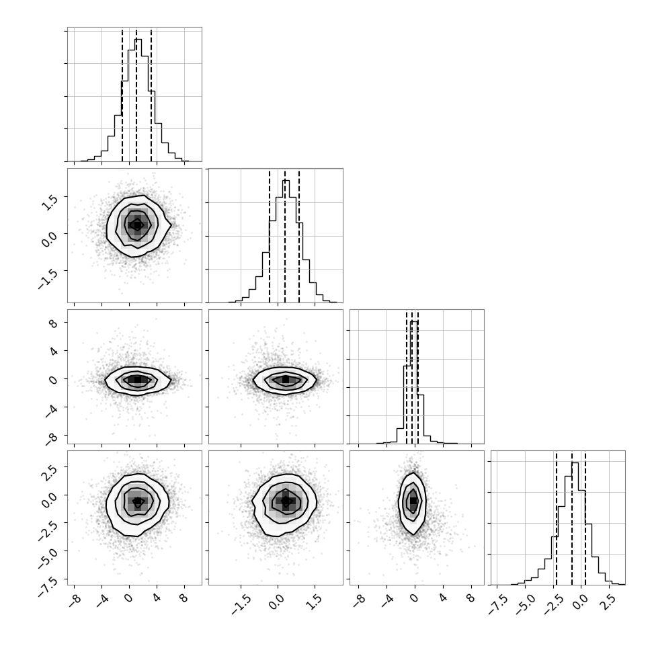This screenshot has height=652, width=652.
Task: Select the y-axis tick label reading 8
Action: coord(53,323)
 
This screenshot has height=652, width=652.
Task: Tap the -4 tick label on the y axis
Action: coord(50,409)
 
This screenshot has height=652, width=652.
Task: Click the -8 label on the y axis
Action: coord(50,438)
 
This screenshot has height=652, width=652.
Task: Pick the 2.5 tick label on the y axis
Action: coord(50,472)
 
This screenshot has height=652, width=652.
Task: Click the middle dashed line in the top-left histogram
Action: coord(136,95)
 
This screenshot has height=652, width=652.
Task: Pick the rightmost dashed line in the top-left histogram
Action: coord(151,95)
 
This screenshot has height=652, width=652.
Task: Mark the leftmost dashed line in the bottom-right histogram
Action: coord(557,518)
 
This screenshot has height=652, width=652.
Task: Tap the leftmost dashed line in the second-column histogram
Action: coord(270,236)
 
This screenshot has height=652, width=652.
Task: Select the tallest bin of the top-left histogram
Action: coord(138,100)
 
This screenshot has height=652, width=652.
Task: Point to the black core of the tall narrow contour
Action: coord(413,501)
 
